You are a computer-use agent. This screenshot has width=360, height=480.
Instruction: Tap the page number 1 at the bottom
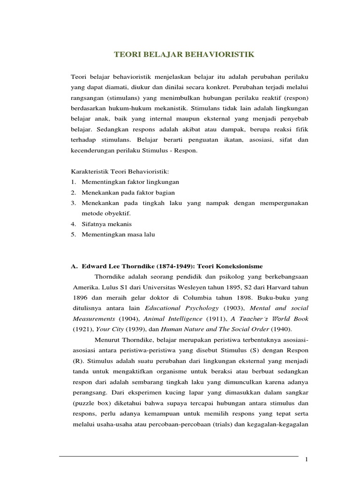307,460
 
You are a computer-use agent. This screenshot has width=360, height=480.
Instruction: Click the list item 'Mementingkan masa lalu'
118,234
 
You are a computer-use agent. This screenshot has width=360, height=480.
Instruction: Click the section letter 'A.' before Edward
74,265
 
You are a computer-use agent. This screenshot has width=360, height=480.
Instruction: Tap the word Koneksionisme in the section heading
240,265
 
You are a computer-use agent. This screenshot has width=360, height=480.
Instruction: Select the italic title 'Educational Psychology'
182,308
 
